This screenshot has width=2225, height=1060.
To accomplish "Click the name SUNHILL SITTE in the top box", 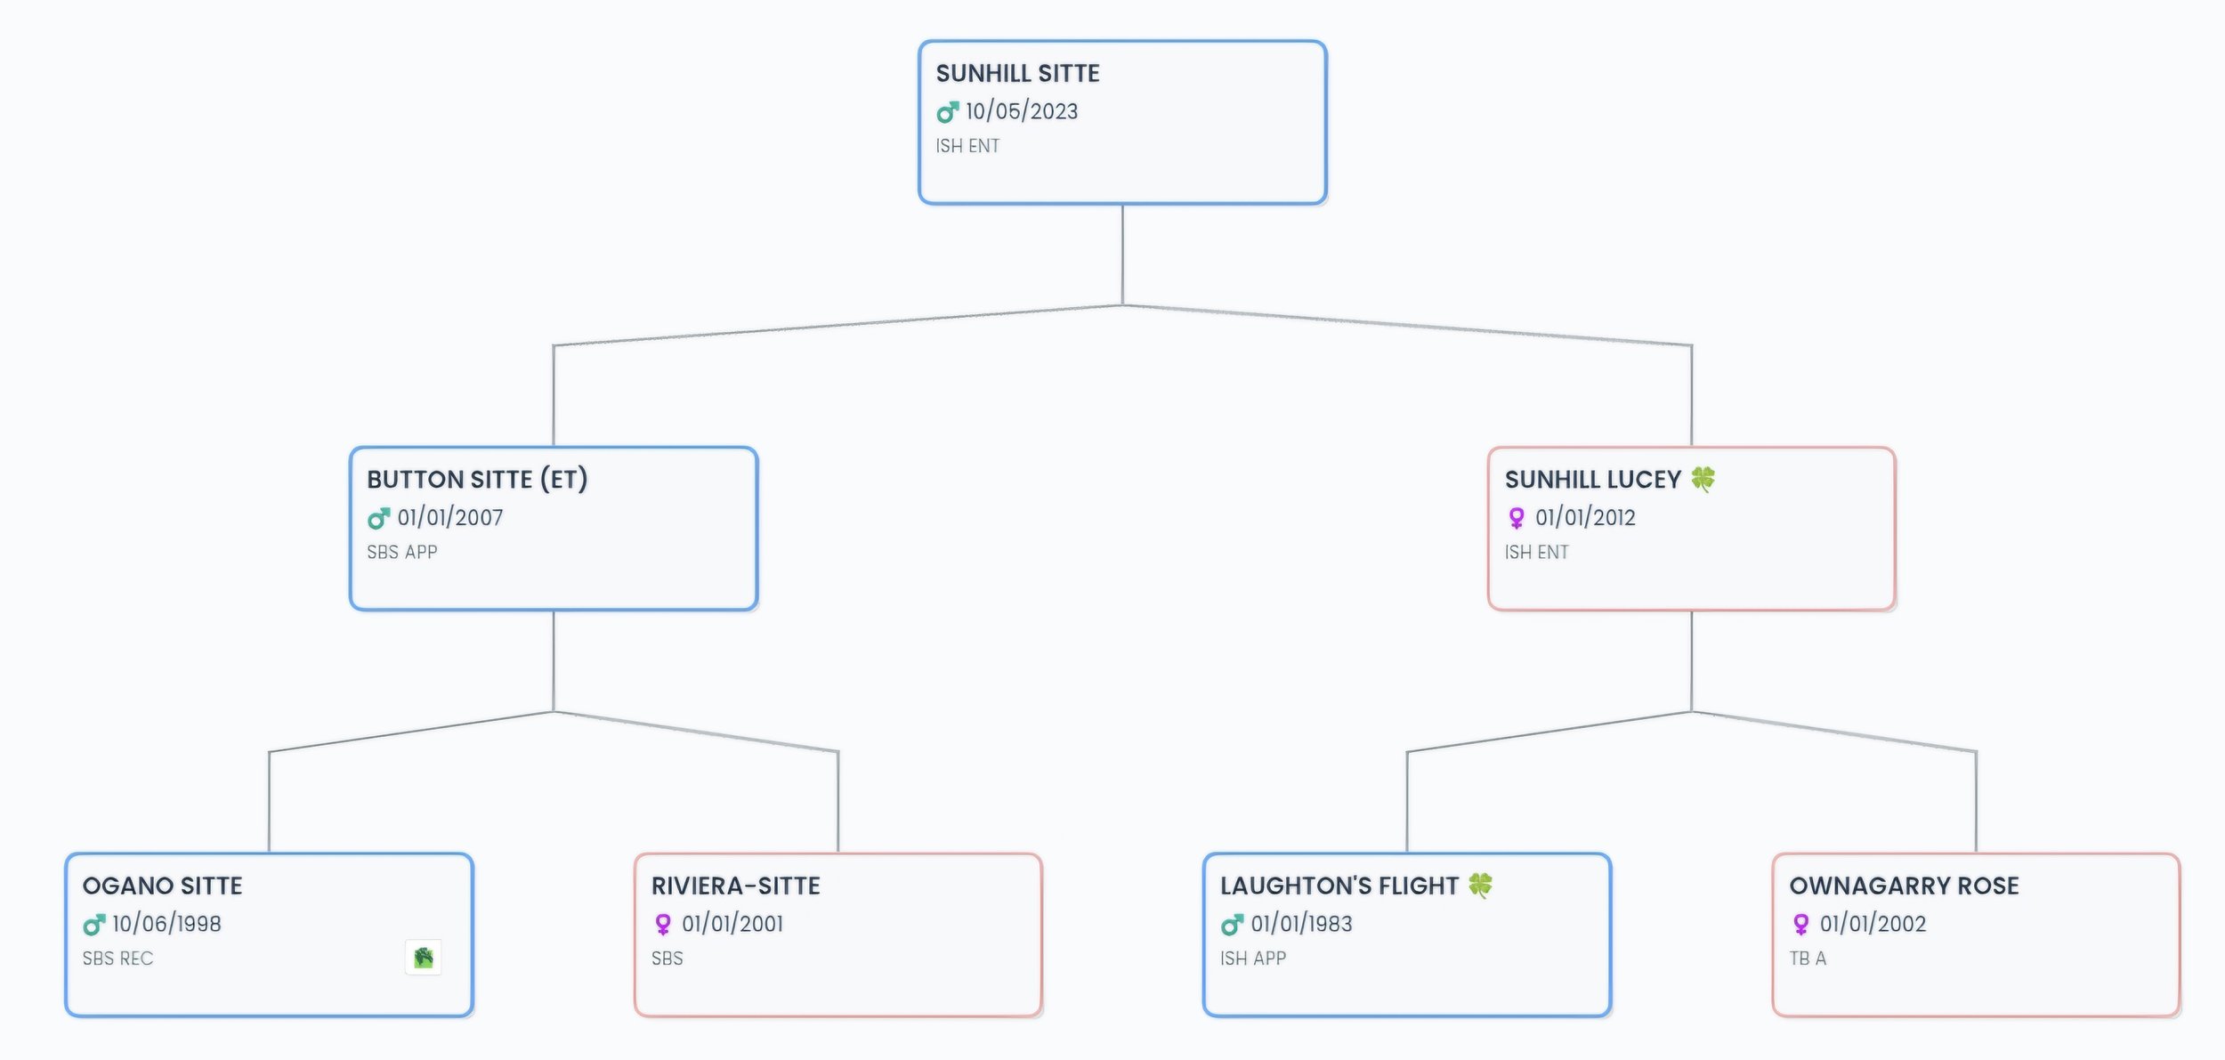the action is pyautogui.click(x=1017, y=73).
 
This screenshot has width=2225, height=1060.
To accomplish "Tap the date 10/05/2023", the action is pyautogui.click(x=1022, y=111).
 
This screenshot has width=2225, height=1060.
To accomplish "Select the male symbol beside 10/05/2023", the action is pyautogui.click(x=948, y=112).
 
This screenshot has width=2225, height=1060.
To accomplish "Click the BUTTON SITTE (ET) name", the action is pyautogui.click(x=477, y=480).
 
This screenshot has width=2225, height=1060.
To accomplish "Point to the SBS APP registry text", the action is pyautogui.click(x=402, y=552).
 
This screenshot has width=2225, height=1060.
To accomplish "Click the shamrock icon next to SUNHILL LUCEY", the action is pyautogui.click(x=1703, y=479).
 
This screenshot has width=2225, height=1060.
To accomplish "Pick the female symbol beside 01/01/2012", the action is pyautogui.click(x=1517, y=518).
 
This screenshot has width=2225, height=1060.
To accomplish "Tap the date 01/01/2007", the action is pyautogui.click(x=450, y=517).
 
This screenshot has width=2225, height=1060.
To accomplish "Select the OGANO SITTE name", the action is pyautogui.click(x=163, y=886).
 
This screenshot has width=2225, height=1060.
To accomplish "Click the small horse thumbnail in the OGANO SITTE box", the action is pyautogui.click(x=424, y=958).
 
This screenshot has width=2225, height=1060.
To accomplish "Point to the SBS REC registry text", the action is pyautogui.click(x=117, y=959).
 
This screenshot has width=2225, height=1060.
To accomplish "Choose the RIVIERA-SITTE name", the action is pyautogui.click(x=736, y=886).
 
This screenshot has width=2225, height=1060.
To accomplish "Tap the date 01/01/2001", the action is pyautogui.click(x=732, y=924).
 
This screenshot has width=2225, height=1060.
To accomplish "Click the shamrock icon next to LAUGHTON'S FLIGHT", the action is pyautogui.click(x=1480, y=886).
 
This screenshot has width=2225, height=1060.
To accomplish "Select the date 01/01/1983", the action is pyautogui.click(x=1301, y=924).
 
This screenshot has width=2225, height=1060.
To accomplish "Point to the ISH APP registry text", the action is pyautogui.click(x=1253, y=959).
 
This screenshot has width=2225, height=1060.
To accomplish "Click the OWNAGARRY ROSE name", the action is pyautogui.click(x=1905, y=886).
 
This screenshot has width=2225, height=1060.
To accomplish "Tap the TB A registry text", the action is pyautogui.click(x=1808, y=959).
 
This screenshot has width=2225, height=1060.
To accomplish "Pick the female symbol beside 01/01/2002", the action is pyautogui.click(x=1801, y=925).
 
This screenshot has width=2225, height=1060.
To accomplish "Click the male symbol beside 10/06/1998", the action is pyautogui.click(x=94, y=925).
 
